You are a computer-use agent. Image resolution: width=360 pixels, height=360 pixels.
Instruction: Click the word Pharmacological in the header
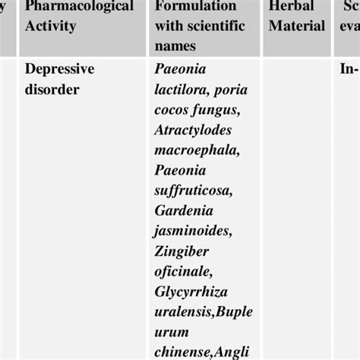[x=79, y=7]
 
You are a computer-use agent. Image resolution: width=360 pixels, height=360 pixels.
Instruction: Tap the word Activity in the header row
[x=51, y=27]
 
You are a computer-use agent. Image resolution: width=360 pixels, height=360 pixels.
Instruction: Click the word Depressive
[x=60, y=69]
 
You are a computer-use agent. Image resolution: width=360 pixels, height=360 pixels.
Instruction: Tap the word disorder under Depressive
[x=52, y=90]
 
